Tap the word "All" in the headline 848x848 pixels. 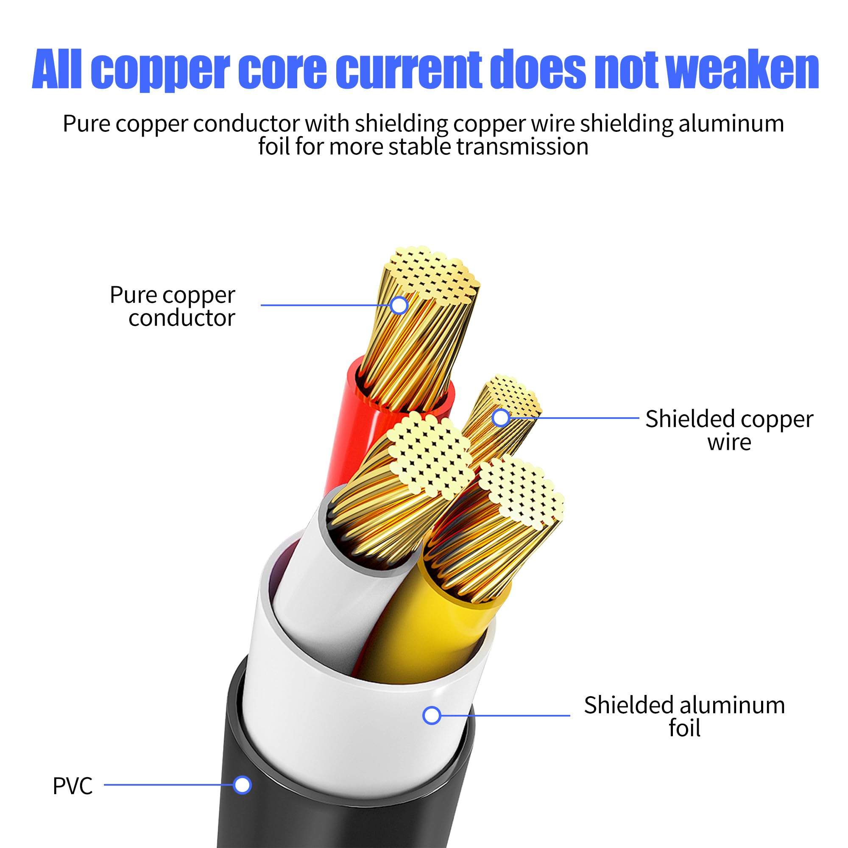coord(57,70)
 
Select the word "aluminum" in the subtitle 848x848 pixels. coord(731,123)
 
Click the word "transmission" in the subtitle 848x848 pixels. coord(522,147)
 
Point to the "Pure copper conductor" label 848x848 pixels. coord(173,306)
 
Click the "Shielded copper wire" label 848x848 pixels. coord(729,430)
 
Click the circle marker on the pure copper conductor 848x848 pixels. coord(399,305)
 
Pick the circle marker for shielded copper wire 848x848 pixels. coord(501,418)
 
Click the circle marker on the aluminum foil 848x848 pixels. coord(432,642)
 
